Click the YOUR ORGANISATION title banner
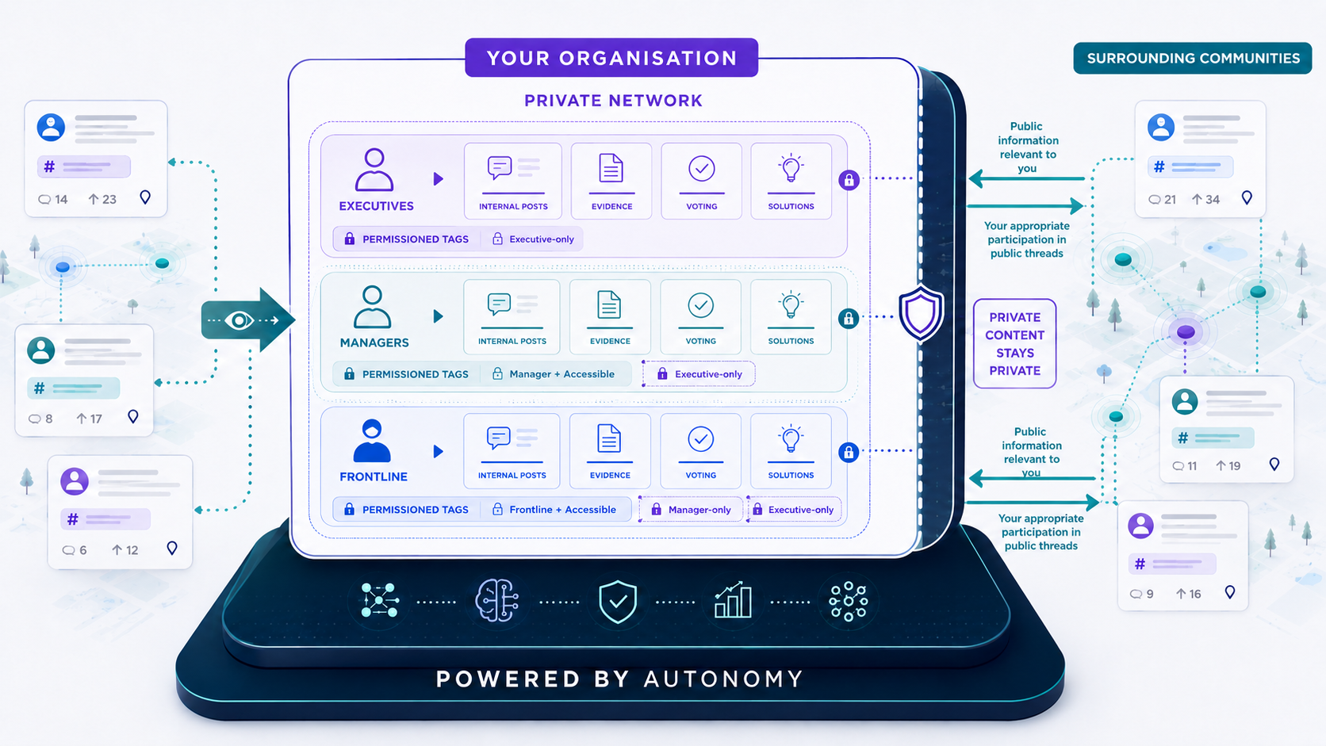point(611,58)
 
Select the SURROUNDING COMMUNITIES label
point(1193,58)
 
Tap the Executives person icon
point(374,170)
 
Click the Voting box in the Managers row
point(701,316)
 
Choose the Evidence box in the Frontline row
point(610,451)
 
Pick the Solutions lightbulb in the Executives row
point(791,169)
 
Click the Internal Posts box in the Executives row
point(513,181)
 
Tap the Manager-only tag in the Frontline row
point(692,510)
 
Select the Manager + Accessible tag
point(555,374)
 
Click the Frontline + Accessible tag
point(556,510)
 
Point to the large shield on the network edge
point(921,314)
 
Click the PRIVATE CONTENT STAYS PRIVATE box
point(1014,344)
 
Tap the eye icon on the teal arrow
point(240,320)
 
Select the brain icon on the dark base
point(497,600)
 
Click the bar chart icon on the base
point(733,600)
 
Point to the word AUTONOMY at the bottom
point(723,679)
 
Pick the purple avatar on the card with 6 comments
point(75,481)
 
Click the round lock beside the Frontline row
point(849,453)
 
